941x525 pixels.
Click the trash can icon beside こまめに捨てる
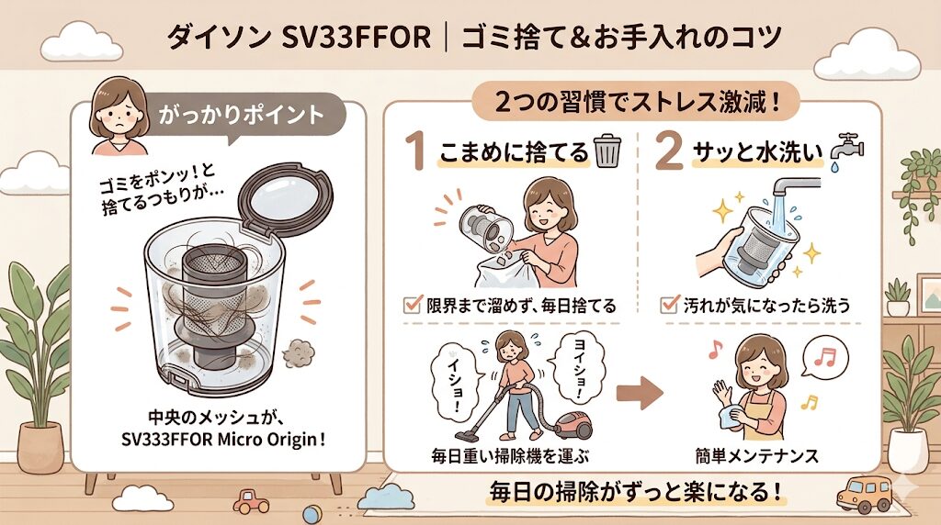[x=607, y=151]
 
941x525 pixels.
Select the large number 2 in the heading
[x=668, y=152]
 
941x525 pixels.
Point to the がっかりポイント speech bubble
[x=241, y=117]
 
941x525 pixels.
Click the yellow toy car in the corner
[x=867, y=495]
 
